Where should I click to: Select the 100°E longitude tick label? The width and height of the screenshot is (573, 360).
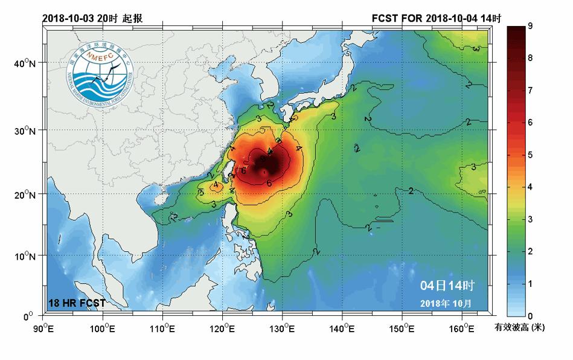pos(103,328)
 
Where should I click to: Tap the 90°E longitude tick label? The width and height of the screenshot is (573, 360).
pos(44,328)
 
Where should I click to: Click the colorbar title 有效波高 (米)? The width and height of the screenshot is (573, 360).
pos(520,328)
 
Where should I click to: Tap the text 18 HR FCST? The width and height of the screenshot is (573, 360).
pos(77,302)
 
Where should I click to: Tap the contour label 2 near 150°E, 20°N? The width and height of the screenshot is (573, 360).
pos(411,191)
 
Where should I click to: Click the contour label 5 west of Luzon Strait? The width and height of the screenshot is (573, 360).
pos(201,193)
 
